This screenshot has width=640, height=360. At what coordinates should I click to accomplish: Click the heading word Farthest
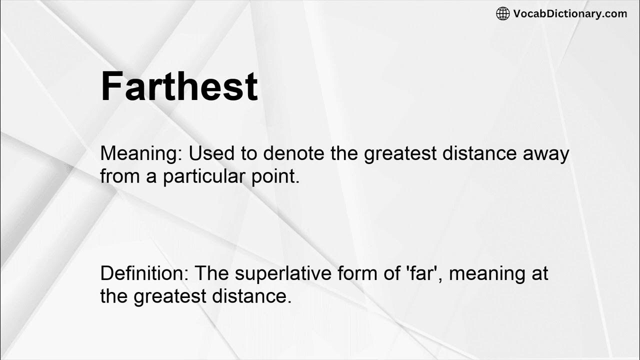click(179, 86)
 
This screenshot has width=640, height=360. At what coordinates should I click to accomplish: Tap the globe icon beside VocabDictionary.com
click(502, 14)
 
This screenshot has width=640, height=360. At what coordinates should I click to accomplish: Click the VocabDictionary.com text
click(570, 14)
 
